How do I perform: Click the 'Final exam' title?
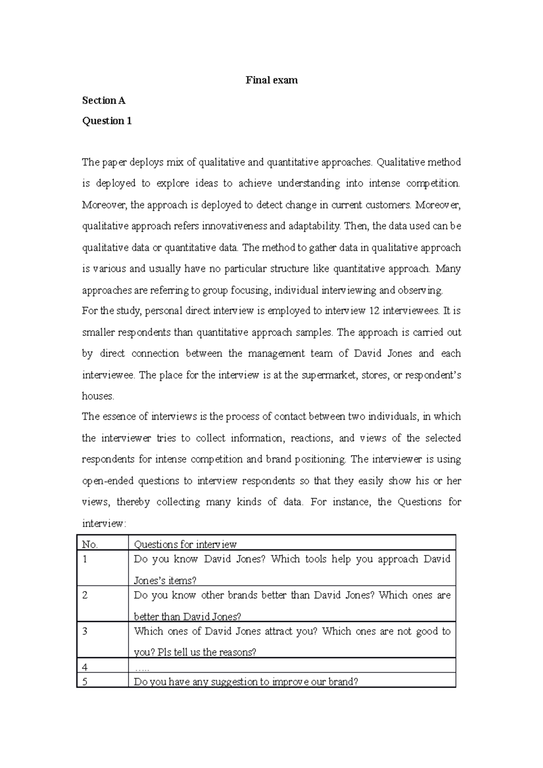(271, 81)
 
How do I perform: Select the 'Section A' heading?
(104, 100)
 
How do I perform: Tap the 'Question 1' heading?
(107, 121)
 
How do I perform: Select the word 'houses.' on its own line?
(98, 396)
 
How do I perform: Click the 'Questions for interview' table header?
(185, 544)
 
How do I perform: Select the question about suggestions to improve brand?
(246, 682)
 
